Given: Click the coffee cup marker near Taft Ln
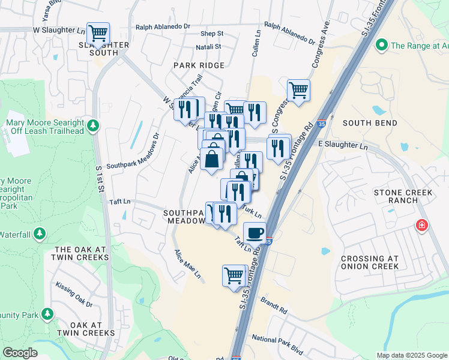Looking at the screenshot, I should [255, 232].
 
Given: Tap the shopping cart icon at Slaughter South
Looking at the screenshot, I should [98, 32].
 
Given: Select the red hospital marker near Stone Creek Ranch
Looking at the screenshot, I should [422, 225].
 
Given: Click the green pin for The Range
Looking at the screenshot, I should [381, 45].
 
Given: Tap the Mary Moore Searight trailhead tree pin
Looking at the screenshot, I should [92, 125].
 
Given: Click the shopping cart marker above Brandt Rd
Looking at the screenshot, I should [234, 276].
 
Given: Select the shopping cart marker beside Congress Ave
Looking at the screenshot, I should [298, 91].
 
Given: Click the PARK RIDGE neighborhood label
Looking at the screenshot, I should [199, 65].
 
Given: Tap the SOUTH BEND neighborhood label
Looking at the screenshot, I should [370, 123].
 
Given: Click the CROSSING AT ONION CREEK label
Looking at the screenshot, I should [369, 263].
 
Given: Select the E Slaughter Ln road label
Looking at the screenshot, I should [342, 145].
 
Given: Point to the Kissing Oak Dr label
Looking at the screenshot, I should [74, 295].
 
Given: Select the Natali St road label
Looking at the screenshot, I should [208, 46].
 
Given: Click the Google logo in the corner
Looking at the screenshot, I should [20, 353].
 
